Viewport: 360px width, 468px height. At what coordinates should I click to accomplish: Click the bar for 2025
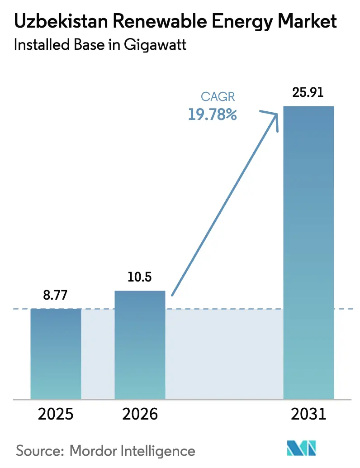pyautogui.click(x=56, y=353)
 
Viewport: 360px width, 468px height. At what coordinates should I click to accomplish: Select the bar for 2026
pyautogui.click(x=140, y=344)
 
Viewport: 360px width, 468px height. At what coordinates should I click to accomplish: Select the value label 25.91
pyautogui.click(x=308, y=94)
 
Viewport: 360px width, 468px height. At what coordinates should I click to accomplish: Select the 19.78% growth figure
pyautogui.click(x=213, y=114)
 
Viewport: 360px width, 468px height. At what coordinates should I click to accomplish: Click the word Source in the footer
pyautogui.click(x=39, y=451)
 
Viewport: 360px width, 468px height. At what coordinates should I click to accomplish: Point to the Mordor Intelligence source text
pyautogui.click(x=132, y=451)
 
